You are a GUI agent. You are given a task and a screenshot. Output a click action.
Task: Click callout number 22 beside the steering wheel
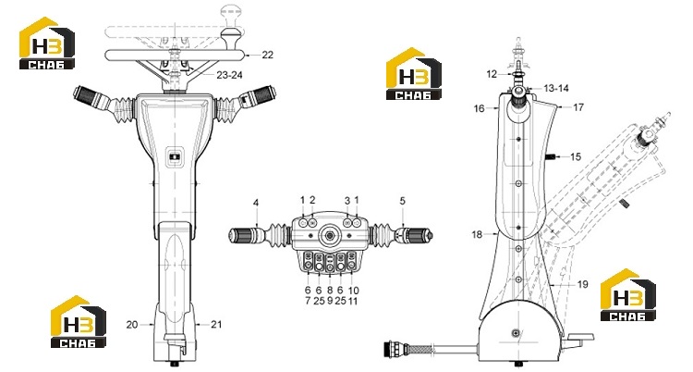(x=267, y=55)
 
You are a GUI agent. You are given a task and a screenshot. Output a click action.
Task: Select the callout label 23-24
(x=229, y=75)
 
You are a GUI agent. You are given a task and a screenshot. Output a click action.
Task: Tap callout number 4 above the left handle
(x=256, y=203)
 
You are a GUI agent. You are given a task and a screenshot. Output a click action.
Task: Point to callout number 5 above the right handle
(x=402, y=201)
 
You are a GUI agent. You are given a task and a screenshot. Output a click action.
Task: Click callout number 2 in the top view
(x=312, y=200)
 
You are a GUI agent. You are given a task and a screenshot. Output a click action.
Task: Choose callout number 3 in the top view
(x=347, y=200)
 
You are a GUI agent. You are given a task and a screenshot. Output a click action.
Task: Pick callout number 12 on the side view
(x=492, y=74)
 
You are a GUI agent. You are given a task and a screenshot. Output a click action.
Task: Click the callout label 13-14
(x=556, y=89)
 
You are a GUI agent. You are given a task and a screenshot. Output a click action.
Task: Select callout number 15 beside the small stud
(x=576, y=156)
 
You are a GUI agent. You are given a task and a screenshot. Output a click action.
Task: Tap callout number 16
(x=480, y=108)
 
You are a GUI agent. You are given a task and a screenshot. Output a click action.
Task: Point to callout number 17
(x=578, y=107)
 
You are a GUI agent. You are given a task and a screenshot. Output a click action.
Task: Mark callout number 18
(x=477, y=234)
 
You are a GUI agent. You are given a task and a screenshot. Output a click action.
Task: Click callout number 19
(x=583, y=284)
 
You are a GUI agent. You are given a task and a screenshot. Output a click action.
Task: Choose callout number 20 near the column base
(x=132, y=325)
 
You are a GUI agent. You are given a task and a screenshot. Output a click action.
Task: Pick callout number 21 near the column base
(x=215, y=325)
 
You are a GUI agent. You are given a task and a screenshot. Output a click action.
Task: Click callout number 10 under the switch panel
(x=354, y=291)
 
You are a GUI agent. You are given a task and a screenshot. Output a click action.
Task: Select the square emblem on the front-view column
(x=175, y=156)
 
